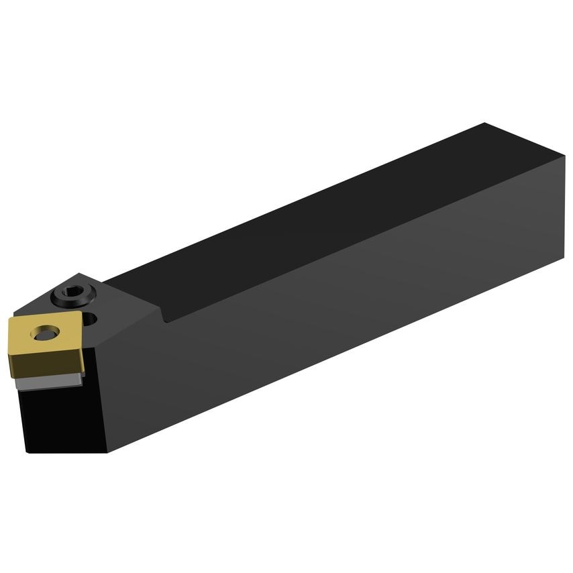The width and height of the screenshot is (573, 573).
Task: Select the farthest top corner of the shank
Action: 484,123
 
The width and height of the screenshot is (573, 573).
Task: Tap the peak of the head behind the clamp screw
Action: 79,274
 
